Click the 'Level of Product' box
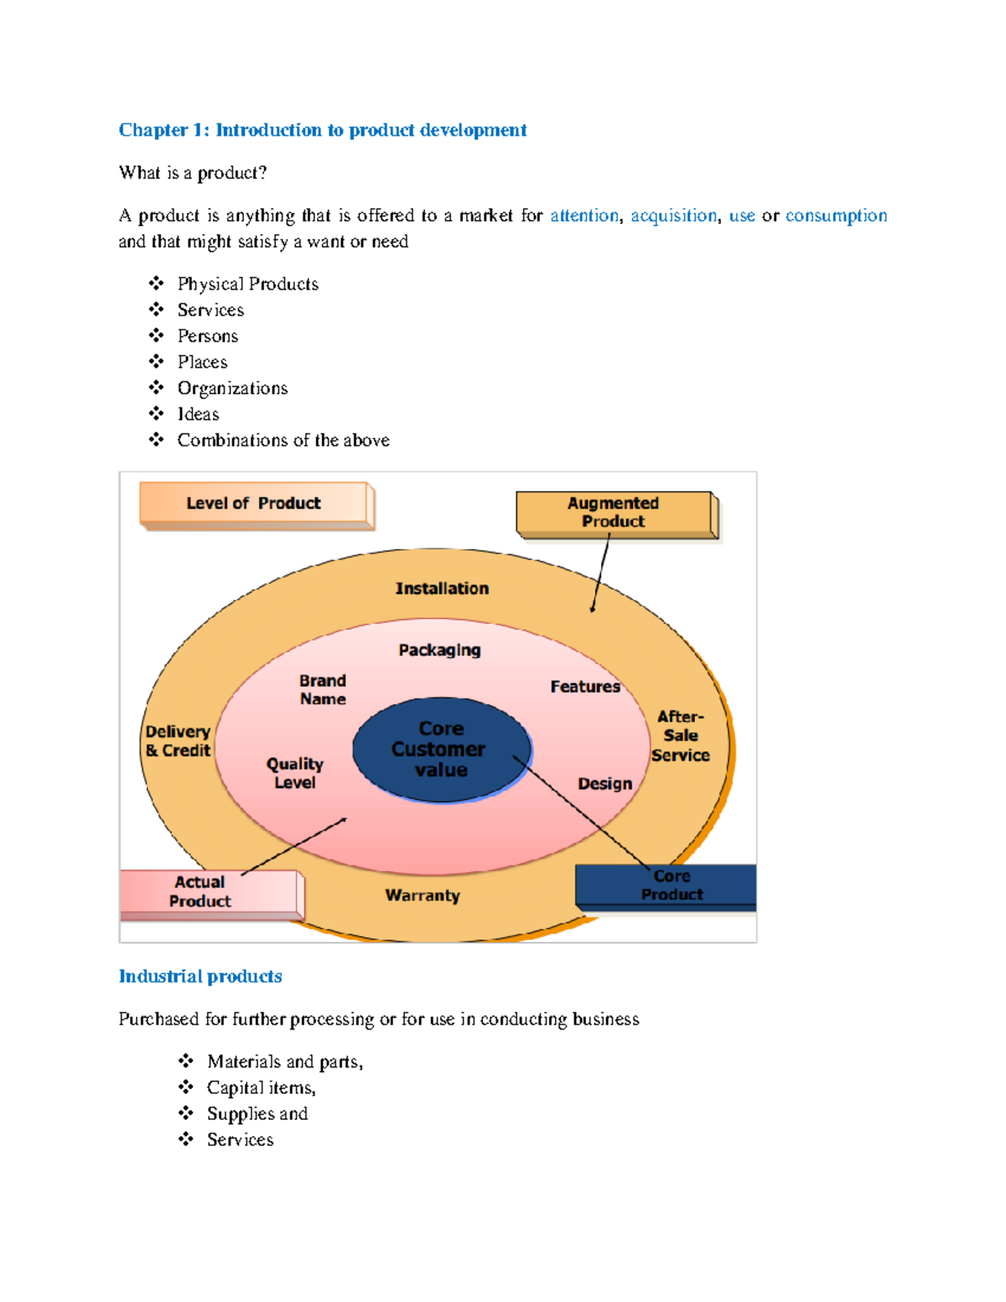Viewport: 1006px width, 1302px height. [x=253, y=504]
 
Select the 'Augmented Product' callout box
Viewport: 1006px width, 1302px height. [x=614, y=513]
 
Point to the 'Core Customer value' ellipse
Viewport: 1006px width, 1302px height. [x=441, y=750]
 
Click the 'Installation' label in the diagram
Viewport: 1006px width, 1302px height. [x=442, y=589]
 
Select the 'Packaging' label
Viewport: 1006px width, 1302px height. [x=439, y=650]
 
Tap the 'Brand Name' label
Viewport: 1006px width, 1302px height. [x=323, y=690]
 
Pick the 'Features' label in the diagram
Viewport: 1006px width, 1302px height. [x=585, y=687]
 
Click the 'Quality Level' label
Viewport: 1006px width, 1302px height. [x=295, y=773]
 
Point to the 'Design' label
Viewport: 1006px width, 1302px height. [x=604, y=784]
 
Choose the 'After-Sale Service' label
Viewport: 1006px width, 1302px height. [x=681, y=736]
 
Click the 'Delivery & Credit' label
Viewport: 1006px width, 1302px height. [x=178, y=741]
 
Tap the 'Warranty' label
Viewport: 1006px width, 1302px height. [x=423, y=895]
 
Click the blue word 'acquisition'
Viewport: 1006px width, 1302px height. [x=673, y=216]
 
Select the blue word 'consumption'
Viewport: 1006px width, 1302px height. [x=836, y=216]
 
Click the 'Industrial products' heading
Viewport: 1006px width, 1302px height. [x=200, y=977]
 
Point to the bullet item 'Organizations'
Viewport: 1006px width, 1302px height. [x=232, y=388]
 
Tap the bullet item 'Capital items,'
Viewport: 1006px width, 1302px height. [x=261, y=1088]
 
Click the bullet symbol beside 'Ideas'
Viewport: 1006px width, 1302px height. [x=156, y=413]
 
